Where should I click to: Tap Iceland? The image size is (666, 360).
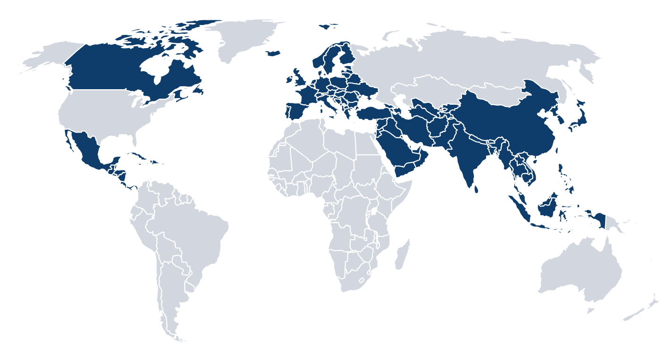click(273, 53)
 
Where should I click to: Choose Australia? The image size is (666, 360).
click(581, 269)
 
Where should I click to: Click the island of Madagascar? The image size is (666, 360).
click(402, 255)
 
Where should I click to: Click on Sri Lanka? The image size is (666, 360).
click(476, 189)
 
